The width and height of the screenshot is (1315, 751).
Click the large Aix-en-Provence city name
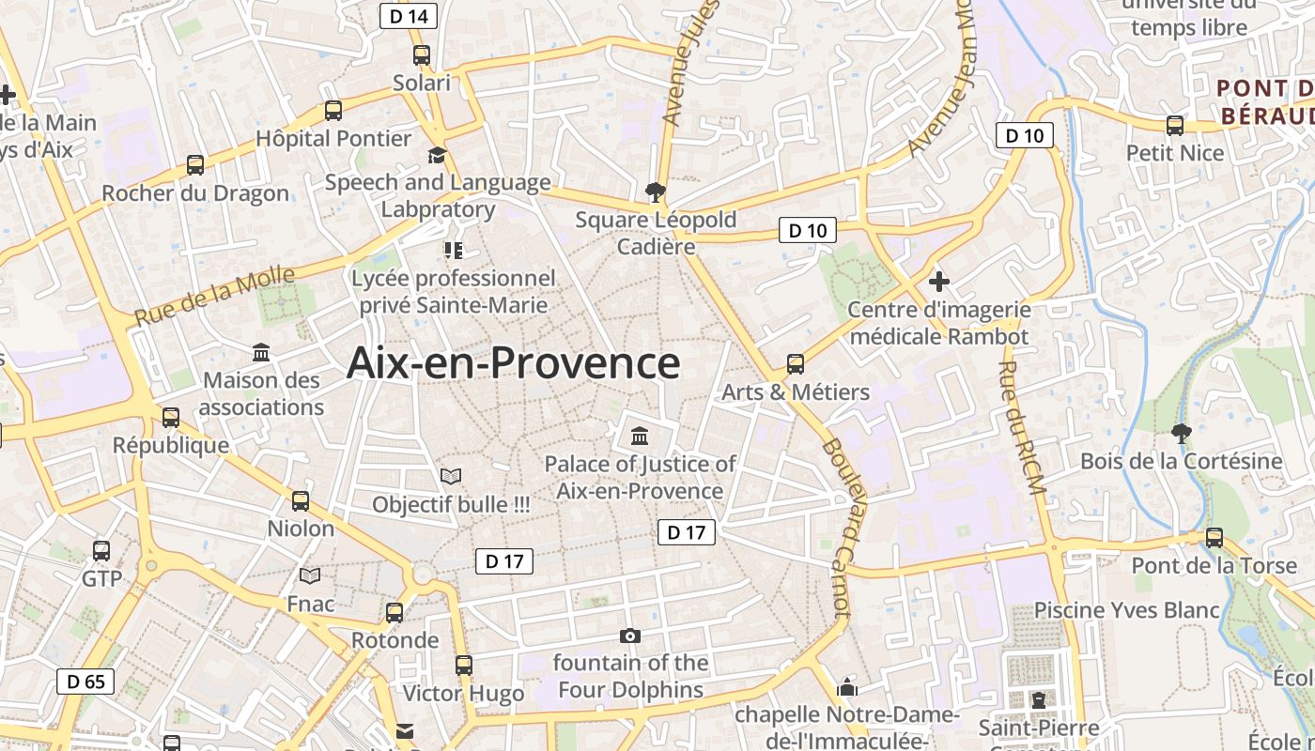pyautogui.click(x=513, y=363)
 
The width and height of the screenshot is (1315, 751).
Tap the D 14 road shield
pyautogui.click(x=409, y=16)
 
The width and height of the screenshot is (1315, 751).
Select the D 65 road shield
pyautogui.click(x=86, y=681)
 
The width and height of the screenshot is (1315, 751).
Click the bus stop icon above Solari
pyautogui.click(x=421, y=55)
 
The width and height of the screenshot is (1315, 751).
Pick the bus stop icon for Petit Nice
pyautogui.click(x=1174, y=126)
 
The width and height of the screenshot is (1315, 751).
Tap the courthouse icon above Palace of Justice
pyautogui.click(x=640, y=436)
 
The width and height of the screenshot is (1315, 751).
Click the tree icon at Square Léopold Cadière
pyautogui.click(x=655, y=193)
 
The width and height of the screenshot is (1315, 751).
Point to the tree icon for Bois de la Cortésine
pyautogui.click(x=1181, y=434)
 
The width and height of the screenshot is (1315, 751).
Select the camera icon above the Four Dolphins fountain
pyautogui.click(x=630, y=636)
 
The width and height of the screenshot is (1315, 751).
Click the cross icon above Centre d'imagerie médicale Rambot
pyautogui.click(x=938, y=281)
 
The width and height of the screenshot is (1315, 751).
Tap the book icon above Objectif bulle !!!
pyautogui.click(x=451, y=477)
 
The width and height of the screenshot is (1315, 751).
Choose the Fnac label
pyautogui.click(x=310, y=604)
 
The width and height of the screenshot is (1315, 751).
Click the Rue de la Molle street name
pyautogui.click(x=215, y=297)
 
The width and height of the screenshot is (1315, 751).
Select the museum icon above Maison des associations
pyautogui.click(x=261, y=353)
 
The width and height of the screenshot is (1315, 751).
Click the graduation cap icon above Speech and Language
pyautogui.click(x=437, y=155)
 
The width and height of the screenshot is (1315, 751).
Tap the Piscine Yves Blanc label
pyautogui.click(x=1126, y=610)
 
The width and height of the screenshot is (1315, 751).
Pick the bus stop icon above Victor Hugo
pyautogui.click(x=463, y=666)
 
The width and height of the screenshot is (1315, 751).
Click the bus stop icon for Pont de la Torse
pyautogui.click(x=1214, y=538)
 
